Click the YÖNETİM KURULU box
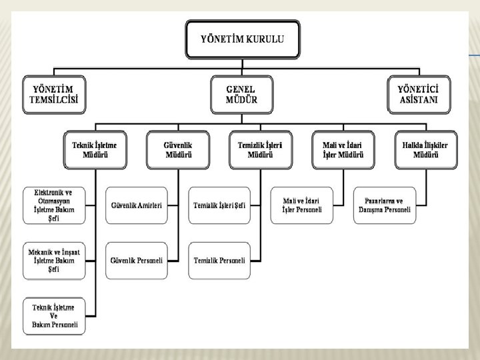[242, 39]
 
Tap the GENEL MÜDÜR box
[242, 95]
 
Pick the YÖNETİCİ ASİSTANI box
[419, 95]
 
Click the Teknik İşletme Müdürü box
[95, 149]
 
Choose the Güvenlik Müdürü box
[178, 149]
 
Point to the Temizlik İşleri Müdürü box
[260, 149]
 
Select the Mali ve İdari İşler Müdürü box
[344, 149]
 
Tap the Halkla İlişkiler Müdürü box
[426, 149]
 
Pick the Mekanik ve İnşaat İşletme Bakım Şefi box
[57, 260]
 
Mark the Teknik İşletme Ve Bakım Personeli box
[57, 315]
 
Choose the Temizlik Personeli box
[219, 260]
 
